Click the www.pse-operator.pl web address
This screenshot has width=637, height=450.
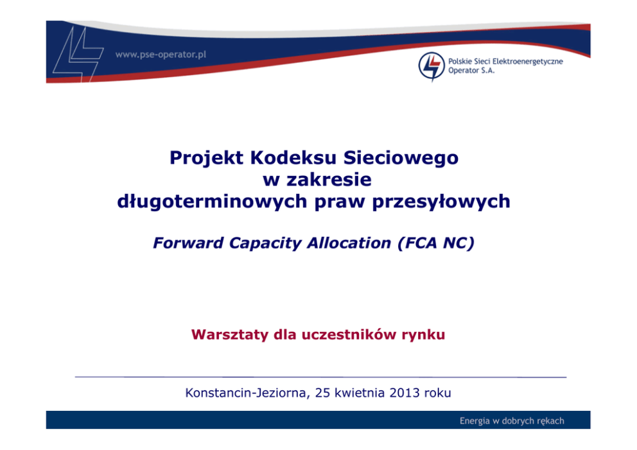coord(161,55)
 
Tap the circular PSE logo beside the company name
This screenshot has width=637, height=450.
coord(432,66)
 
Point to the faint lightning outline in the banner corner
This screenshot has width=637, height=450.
coord(77,55)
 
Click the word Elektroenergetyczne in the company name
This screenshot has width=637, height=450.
coord(528,62)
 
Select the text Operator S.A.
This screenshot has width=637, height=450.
coord(471,71)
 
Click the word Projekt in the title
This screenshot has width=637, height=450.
coord(206,158)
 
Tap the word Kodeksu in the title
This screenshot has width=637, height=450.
coord(293,157)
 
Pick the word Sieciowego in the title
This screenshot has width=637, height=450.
coord(401,158)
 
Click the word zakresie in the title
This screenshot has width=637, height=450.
coord(329,180)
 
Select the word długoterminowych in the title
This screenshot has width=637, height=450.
coord(212,202)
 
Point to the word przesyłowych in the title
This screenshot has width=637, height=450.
coord(441,202)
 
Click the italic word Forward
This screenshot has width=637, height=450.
coord(188,243)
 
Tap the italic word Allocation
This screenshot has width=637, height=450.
coord(349,243)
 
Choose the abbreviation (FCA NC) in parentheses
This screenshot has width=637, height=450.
coord(436,243)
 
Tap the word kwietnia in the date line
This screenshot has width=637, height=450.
coord(359,393)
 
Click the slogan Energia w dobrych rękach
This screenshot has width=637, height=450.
coord(512,420)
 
